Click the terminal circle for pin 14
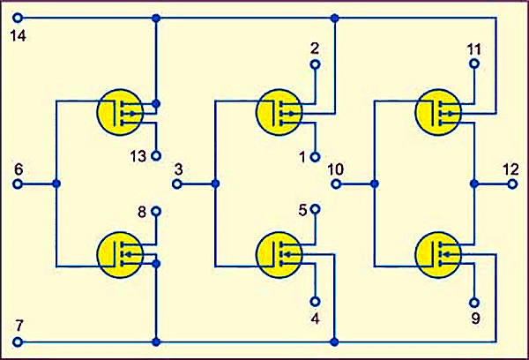(18, 18)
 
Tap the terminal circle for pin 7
(18, 341)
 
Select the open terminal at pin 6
(18, 184)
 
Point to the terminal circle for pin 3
(177, 184)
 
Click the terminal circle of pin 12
(512, 184)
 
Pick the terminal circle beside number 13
(156, 155)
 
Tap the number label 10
(335, 169)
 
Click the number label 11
(474, 49)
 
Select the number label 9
(475, 319)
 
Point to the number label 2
(315, 49)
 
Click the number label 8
(142, 213)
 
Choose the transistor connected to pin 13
(120, 112)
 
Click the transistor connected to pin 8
(120, 255)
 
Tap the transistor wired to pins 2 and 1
(279, 112)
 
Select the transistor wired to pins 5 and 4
(279, 255)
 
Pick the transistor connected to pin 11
(438, 112)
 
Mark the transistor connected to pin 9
(438, 255)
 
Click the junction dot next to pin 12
(474, 184)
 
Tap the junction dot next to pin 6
(56, 184)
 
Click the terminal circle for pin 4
(315, 301)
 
